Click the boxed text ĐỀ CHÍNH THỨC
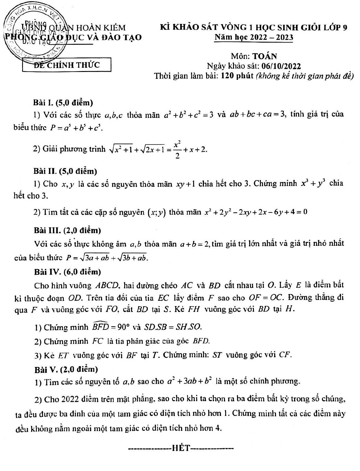point(66,65)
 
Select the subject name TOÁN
point(265,56)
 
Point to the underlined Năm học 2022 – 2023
point(254,37)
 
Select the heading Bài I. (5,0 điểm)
point(63,103)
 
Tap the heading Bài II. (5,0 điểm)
point(65,171)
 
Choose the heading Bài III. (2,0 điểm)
point(67,230)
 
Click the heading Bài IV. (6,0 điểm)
point(67,272)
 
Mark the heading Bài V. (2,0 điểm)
point(66,369)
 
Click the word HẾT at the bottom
point(181,448)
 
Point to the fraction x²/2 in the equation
point(177,149)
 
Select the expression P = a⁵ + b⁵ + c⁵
point(76,128)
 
